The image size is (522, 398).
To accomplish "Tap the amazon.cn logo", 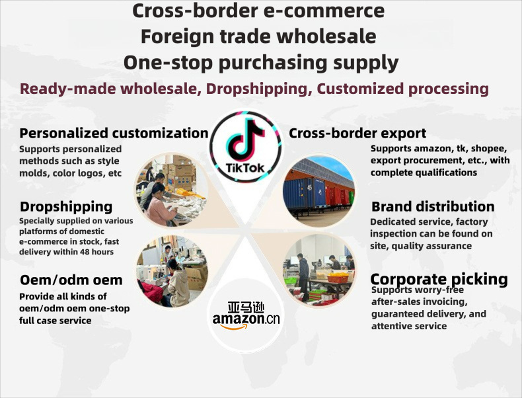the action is (x=246, y=313).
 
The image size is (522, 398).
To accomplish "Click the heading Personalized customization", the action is (x=114, y=133).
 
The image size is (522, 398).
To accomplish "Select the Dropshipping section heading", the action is (x=66, y=206).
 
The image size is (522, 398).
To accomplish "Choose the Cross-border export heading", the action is (x=357, y=133).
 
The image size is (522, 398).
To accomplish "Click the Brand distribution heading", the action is (x=433, y=206).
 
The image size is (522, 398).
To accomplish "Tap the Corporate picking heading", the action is (x=439, y=279).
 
